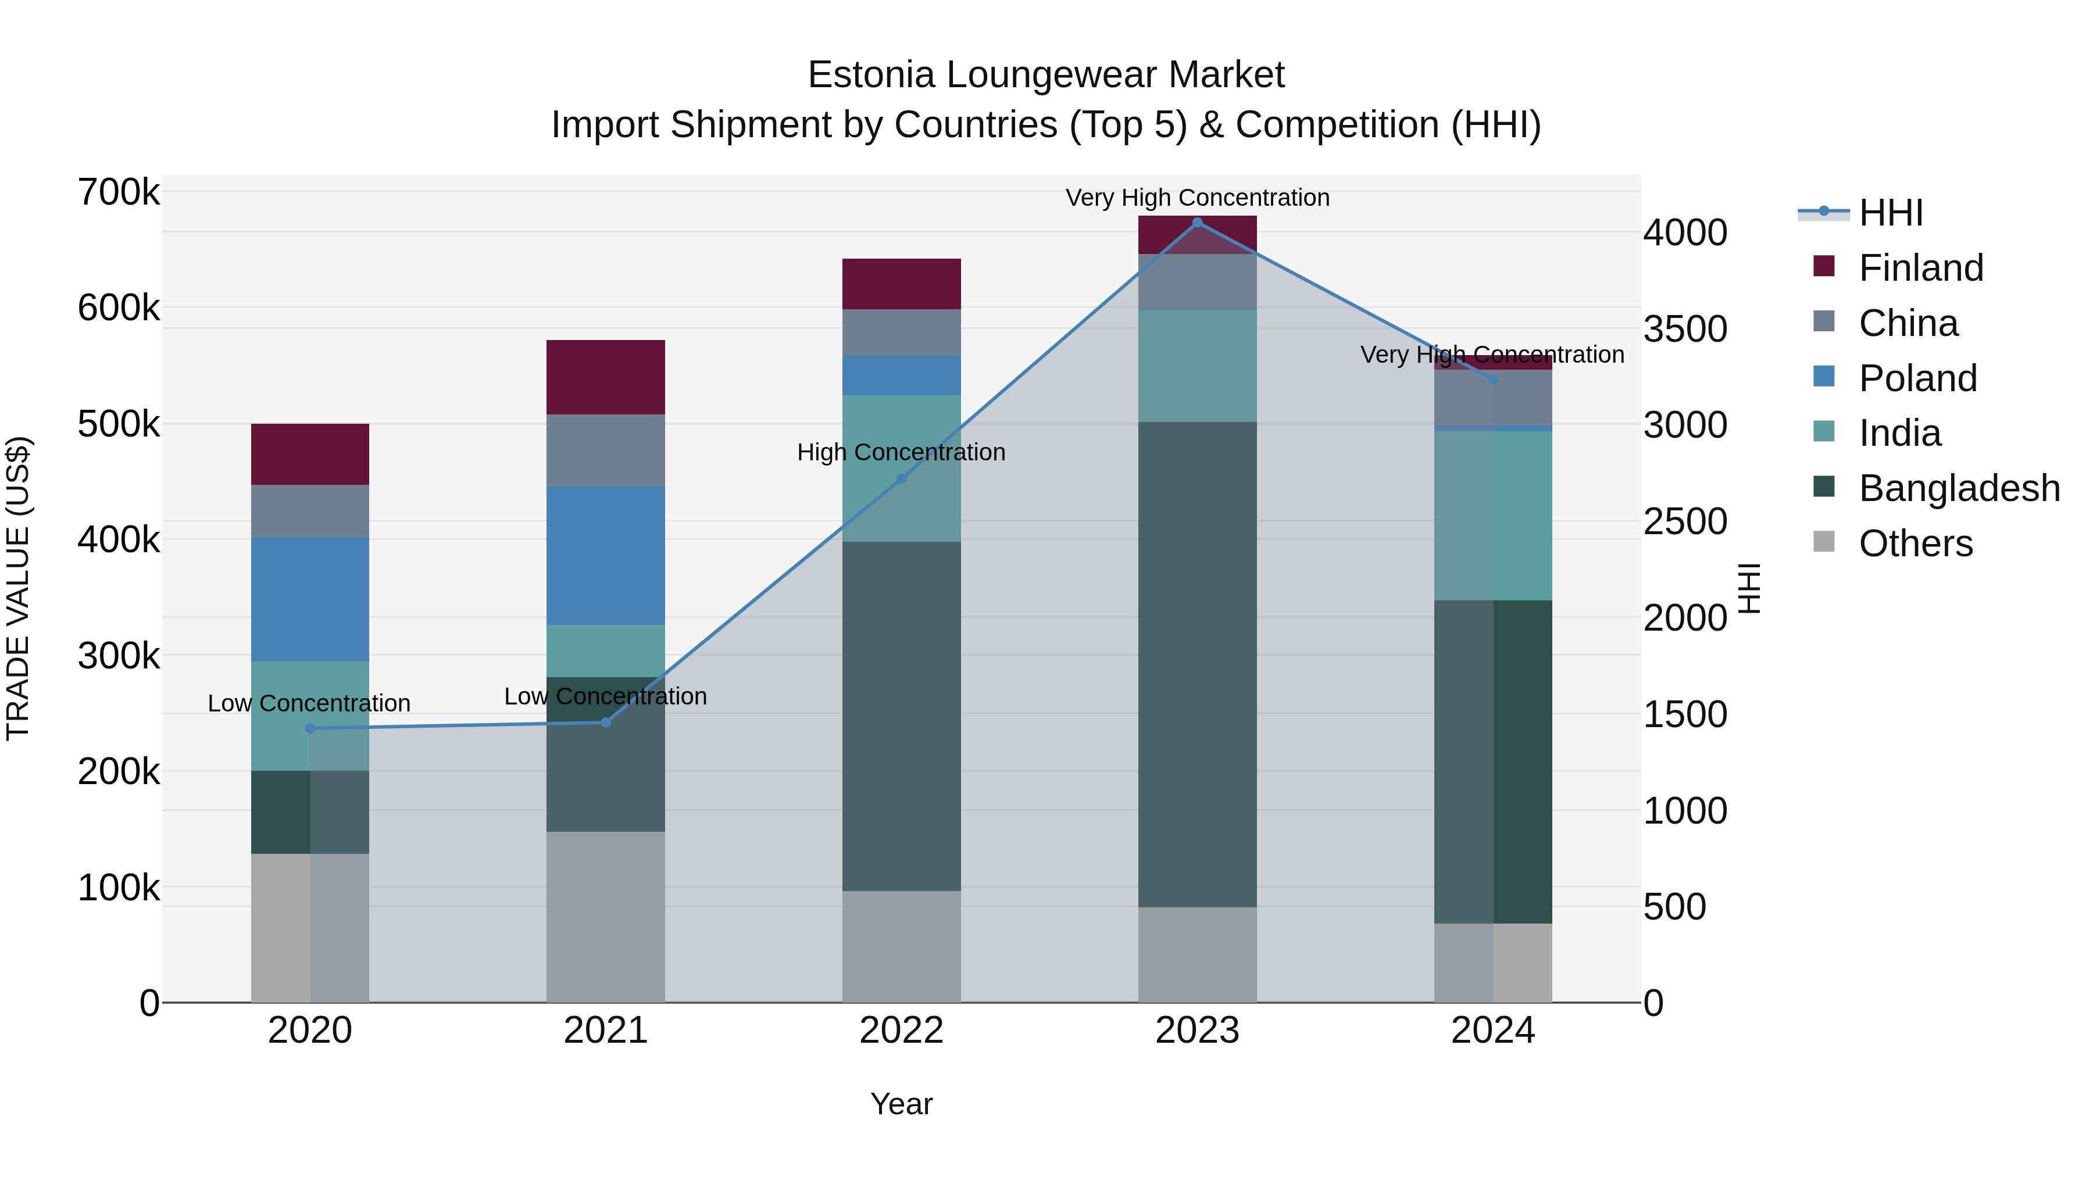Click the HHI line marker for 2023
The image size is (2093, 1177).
pyautogui.click(x=1197, y=223)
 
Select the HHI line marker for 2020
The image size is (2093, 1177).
pyautogui.click(x=309, y=729)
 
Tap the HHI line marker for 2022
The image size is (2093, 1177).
pyautogui.click(x=901, y=480)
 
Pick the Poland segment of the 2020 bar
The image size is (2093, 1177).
pyautogui.click(x=309, y=599)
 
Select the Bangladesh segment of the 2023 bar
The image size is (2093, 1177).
pyautogui.click(x=1197, y=664)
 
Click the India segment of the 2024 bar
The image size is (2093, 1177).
pyautogui.click(x=1492, y=515)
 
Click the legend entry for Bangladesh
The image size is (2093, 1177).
pyautogui.click(x=1958, y=488)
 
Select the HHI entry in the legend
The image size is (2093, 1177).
pyautogui.click(x=1890, y=213)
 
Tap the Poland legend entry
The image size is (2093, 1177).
pyautogui.click(x=1917, y=378)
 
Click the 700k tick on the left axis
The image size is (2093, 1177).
pyautogui.click(x=119, y=194)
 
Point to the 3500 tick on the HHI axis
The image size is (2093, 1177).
pyautogui.click(x=1685, y=329)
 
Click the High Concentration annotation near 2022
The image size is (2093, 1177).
pyautogui.click(x=901, y=452)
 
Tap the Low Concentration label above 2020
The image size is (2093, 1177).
pyautogui.click(x=309, y=703)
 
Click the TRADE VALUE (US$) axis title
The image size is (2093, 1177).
pyautogui.click(x=18, y=588)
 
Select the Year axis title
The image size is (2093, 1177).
pyautogui.click(x=901, y=1104)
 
